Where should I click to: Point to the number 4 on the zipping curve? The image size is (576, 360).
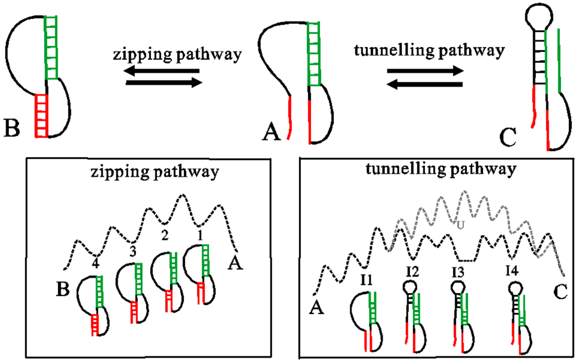click(x=96, y=260)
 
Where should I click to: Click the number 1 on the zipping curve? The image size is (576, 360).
click(x=201, y=235)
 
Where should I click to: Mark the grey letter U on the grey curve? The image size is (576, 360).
click(x=460, y=224)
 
